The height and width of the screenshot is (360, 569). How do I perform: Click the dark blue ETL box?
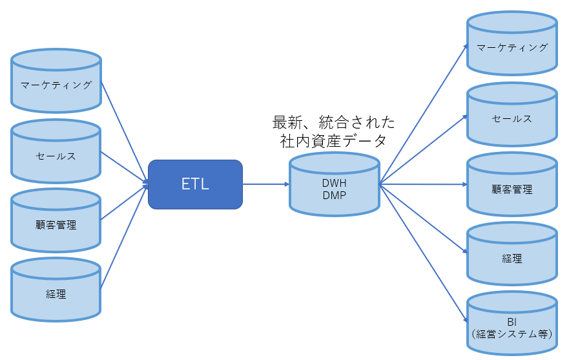click(x=195, y=184)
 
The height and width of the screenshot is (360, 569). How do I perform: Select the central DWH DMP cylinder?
click(x=334, y=185)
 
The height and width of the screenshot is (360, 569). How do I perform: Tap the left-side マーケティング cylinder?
click(x=56, y=81)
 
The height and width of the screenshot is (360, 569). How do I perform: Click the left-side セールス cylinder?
click(x=56, y=151)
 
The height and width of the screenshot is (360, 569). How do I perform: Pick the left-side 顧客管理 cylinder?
click(x=56, y=220)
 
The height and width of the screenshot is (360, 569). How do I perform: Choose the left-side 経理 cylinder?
click(x=56, y=290)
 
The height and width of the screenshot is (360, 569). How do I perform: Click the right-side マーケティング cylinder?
click(x=512, y=43)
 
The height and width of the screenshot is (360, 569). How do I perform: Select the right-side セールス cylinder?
click(x=512, y=114)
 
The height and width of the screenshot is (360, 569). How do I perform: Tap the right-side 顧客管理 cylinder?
click(x=512, y=184)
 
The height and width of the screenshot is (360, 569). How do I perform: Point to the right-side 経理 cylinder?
click(x=512, y=254)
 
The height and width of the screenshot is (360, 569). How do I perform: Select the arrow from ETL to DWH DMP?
click(x=266, y=184)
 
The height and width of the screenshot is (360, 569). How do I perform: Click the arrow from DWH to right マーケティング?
click(x=424, y=114)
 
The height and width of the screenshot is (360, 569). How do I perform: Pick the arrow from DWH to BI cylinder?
click(x=424, y=253)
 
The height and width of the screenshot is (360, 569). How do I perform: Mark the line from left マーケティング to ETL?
click(x=125, y=132)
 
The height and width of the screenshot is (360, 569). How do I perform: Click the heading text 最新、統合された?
click(x=333, y=122)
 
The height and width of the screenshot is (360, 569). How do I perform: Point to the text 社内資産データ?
click(x=333, y=141)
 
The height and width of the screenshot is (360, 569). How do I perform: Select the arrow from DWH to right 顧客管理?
click(x=424, y=184)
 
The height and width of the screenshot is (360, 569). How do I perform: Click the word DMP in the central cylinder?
click(x=334, y=195)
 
